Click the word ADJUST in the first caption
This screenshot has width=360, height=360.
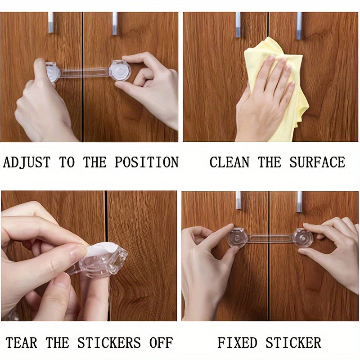[27, 162]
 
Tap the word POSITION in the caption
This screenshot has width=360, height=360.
[146, 162]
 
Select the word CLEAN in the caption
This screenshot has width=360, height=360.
[229, 162]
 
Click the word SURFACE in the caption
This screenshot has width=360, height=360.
[317, 162]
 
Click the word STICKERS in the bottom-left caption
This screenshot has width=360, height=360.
[109, 343]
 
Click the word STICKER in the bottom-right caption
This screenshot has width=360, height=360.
[293, 343]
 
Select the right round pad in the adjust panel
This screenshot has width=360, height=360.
[119, 71]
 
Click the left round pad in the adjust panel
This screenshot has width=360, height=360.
[52, 72]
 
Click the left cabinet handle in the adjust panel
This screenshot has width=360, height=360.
[50, 22]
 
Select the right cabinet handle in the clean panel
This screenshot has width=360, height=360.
[299, 25]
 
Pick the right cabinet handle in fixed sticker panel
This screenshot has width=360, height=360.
[299, 202]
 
